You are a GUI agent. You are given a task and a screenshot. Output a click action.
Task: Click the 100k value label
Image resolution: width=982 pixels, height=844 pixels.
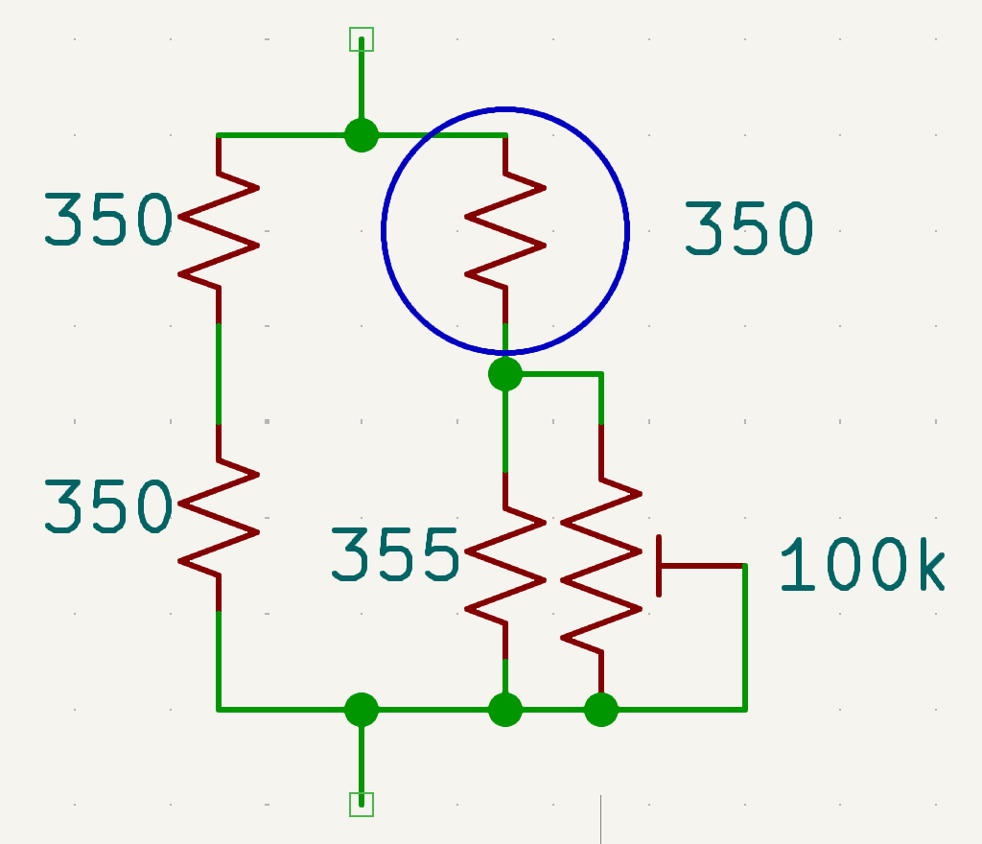(x=861, y=564)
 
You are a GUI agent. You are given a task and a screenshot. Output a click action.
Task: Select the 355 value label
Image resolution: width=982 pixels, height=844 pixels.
(x=395, y=555)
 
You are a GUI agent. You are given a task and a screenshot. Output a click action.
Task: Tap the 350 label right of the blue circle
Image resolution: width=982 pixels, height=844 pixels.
(x=748, y=229)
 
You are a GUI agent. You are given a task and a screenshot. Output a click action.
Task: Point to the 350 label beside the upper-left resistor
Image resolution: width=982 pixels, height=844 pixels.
(x=107, y=221)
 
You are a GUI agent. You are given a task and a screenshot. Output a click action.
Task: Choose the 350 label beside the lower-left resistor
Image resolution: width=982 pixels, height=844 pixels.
(x=107, y=507)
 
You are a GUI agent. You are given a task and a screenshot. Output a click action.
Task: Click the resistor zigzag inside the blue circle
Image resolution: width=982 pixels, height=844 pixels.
(x=505, y=230)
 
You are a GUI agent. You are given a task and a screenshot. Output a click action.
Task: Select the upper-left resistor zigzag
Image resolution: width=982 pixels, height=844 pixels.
(x=219, y=230)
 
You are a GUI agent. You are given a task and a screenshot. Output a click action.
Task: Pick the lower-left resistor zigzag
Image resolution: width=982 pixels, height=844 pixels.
(x=219, y=518)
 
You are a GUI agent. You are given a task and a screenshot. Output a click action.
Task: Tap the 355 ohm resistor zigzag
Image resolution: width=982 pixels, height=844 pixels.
(x=505, y=566)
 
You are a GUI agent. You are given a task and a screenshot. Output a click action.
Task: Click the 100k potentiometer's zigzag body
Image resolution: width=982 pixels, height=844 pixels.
(x=601, y=566)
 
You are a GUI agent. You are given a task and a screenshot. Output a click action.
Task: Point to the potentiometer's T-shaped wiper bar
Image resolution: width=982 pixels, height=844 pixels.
(x=660, y=566)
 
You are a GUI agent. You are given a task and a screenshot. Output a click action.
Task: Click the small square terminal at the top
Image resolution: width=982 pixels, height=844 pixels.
(x=362, y=39)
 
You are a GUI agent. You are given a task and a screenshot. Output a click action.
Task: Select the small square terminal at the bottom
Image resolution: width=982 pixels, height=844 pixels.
(x=362, y=804)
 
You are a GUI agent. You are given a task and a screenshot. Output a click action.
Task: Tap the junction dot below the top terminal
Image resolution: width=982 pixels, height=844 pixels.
(x=362, y=135)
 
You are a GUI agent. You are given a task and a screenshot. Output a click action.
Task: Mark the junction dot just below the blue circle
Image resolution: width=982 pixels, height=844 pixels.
(x=505, y=373)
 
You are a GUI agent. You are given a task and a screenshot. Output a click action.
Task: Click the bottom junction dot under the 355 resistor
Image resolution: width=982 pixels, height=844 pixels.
(x=505, y=710)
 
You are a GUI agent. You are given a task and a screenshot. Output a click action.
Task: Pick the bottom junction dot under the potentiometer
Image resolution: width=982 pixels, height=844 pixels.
(x=601, y=710)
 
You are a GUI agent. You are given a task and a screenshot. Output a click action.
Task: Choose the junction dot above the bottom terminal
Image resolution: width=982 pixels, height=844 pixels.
(x=362, y=710)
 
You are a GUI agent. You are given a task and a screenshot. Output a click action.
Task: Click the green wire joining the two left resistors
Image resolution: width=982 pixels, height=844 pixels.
(x=219, y=374)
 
